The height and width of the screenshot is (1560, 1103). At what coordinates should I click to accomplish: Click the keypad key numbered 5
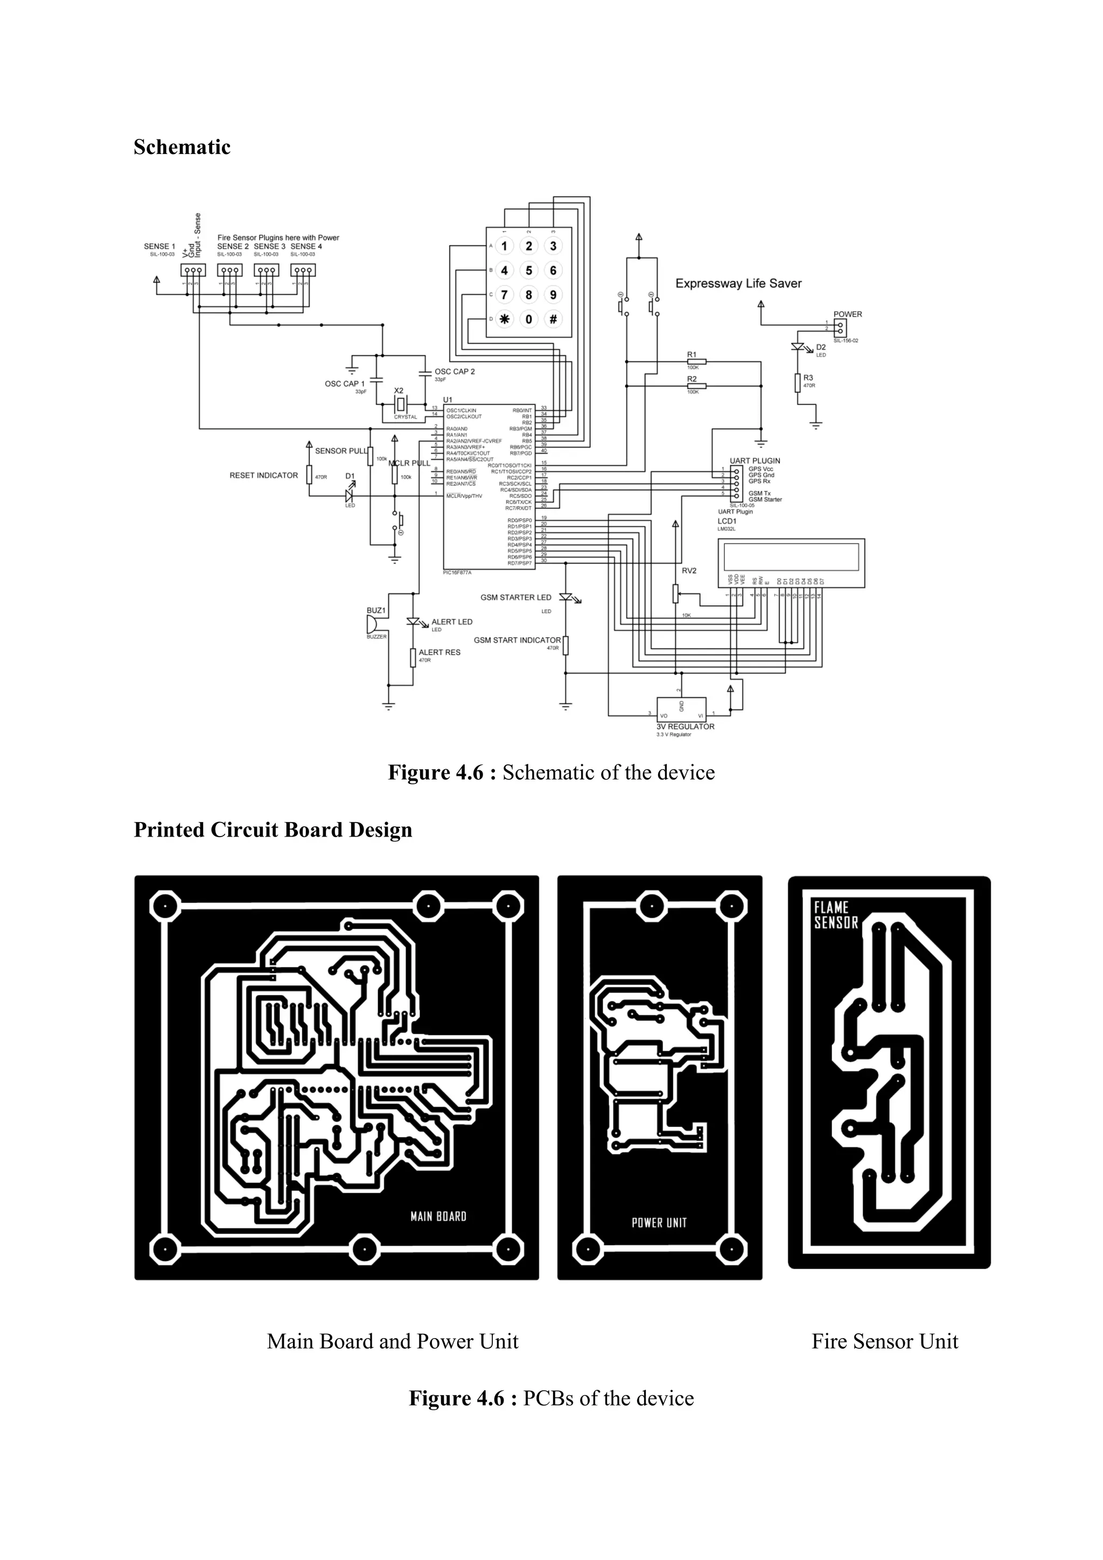528,270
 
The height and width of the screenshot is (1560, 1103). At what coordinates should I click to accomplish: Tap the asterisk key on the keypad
504,319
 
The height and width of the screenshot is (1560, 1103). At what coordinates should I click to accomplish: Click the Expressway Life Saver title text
738,283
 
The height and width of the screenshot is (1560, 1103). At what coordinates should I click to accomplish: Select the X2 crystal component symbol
400,404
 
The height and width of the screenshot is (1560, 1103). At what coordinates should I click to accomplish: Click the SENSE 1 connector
192,270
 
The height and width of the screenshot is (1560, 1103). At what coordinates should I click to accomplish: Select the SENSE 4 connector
303,270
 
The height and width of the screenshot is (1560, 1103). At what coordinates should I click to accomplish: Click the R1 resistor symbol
696,361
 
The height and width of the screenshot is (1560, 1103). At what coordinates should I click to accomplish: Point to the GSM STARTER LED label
515,597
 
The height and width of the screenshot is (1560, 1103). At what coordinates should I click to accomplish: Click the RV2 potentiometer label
689,571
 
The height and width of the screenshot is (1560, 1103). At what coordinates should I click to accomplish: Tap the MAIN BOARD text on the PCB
438,1217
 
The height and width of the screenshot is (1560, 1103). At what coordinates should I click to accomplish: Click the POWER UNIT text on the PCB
659,1223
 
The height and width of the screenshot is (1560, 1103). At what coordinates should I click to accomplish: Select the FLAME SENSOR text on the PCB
835,915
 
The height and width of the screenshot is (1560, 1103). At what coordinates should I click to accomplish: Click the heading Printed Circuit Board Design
273,830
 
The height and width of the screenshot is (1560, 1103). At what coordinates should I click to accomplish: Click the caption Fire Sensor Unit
884,1342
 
